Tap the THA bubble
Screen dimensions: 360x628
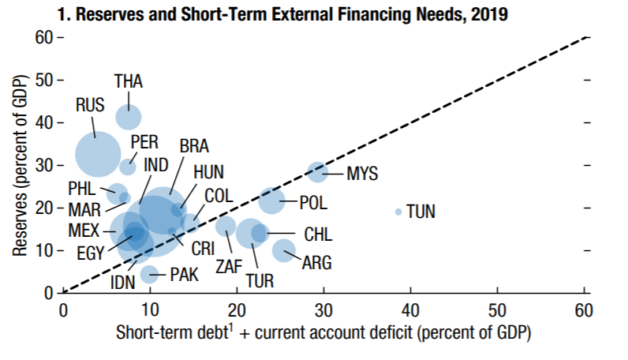(128, 116)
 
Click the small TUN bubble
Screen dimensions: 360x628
(398, 212)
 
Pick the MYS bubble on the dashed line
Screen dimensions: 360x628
(317, 172)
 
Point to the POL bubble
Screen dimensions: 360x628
(271, 201)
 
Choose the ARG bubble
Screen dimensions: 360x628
(284, 251)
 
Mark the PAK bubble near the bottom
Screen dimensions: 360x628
(149, 275)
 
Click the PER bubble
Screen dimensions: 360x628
(128, 167)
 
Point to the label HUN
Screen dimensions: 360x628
(208, 171)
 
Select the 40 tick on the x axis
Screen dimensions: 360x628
(409, 309)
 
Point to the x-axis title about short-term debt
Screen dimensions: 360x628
(323, 332)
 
